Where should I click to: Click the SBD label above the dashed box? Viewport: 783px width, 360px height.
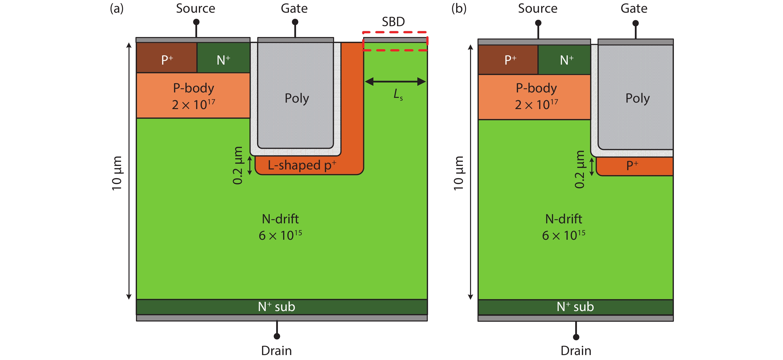pyautogui.click(x=393, y=22)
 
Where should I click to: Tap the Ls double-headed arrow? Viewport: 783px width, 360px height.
pyautogui.click(x=395, y=81)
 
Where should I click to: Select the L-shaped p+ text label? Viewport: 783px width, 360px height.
pyautogui.click(x=302, y=165)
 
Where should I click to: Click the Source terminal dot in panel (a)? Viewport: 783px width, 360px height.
pyautogui.click(x=196, y=22)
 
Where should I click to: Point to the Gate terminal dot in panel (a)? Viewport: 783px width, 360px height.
pyautogui.click(x=295, y=22)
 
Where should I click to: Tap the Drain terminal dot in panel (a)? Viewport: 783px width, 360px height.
pyautogui.click(x=277, y=336)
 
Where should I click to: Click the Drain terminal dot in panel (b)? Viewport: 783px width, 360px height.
pyautogui.click(x=576, y=337)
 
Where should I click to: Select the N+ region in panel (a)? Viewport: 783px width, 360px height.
pyautogui.click(x=223, y=58)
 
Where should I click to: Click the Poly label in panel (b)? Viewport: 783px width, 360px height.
pyautogui.click(x=637, y=98)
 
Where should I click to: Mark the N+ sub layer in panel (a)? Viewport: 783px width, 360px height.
pyautogui.click(x=277, y=307)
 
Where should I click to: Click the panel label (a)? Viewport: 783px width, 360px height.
pyautogui.click(x=117, y=8)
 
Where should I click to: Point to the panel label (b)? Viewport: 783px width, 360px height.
pyautogui.click(x=459, y=8)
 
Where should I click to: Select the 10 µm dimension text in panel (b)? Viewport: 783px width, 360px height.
pyautogui.click(x=458, y=173)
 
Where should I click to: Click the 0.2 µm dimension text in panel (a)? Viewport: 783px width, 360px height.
pyautogui.click(x=238, y=165)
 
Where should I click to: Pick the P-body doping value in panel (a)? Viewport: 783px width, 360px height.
pyautogui.click(x=194, y=105)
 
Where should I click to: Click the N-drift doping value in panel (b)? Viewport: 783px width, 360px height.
pyautogui.click(x=564, y=235)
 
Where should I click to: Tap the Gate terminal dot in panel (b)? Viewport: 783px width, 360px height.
pyautogui.click(x=635, y=23)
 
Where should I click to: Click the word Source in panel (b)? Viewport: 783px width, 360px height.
pyautogui.click(x=537, y=8)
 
